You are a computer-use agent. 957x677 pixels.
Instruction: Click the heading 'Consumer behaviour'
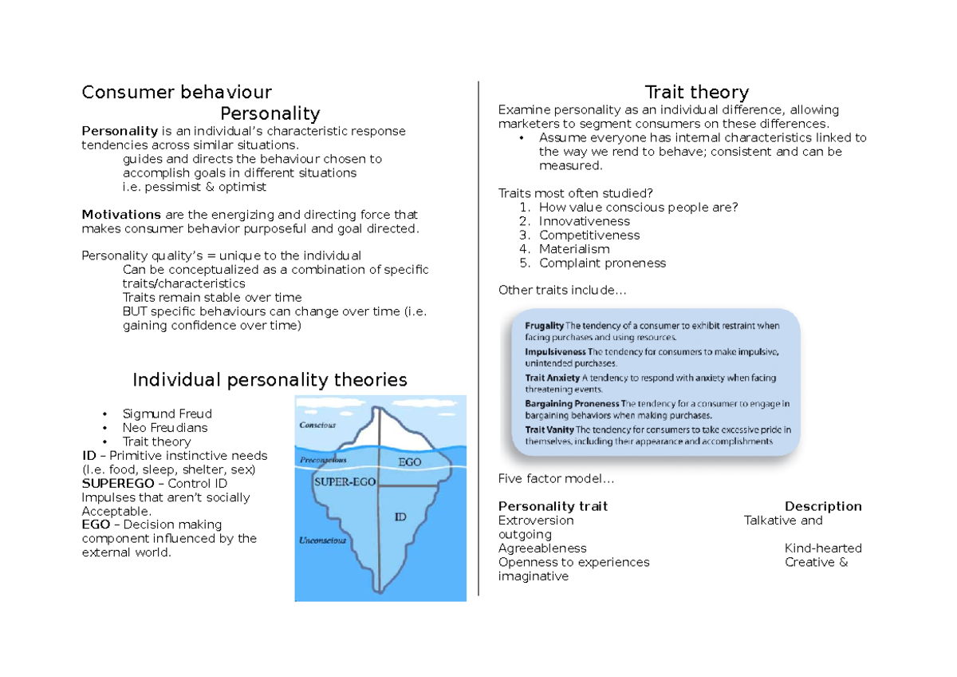176,92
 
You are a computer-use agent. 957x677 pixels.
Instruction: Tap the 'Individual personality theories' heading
270,379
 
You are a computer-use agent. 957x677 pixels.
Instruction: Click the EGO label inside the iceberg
409,461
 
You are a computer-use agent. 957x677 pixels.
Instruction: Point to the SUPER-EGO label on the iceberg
345,483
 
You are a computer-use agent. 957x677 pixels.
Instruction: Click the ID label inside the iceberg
400,517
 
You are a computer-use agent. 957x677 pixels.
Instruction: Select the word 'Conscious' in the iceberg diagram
317,426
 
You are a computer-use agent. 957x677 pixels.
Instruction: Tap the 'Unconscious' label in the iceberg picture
322,540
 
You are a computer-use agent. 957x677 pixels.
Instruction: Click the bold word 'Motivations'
121,215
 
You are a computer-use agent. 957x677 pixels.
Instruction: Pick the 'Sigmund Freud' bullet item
167,414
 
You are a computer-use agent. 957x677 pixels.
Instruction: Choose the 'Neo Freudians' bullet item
164,428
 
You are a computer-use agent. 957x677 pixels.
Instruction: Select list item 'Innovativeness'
584,221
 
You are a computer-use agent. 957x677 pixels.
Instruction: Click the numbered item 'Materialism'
574,249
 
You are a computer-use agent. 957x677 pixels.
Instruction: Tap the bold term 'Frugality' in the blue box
545,326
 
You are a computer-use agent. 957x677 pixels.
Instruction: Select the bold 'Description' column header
823,506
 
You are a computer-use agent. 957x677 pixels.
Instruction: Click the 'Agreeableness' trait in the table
542,548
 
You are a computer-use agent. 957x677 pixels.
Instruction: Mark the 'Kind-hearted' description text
823,548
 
